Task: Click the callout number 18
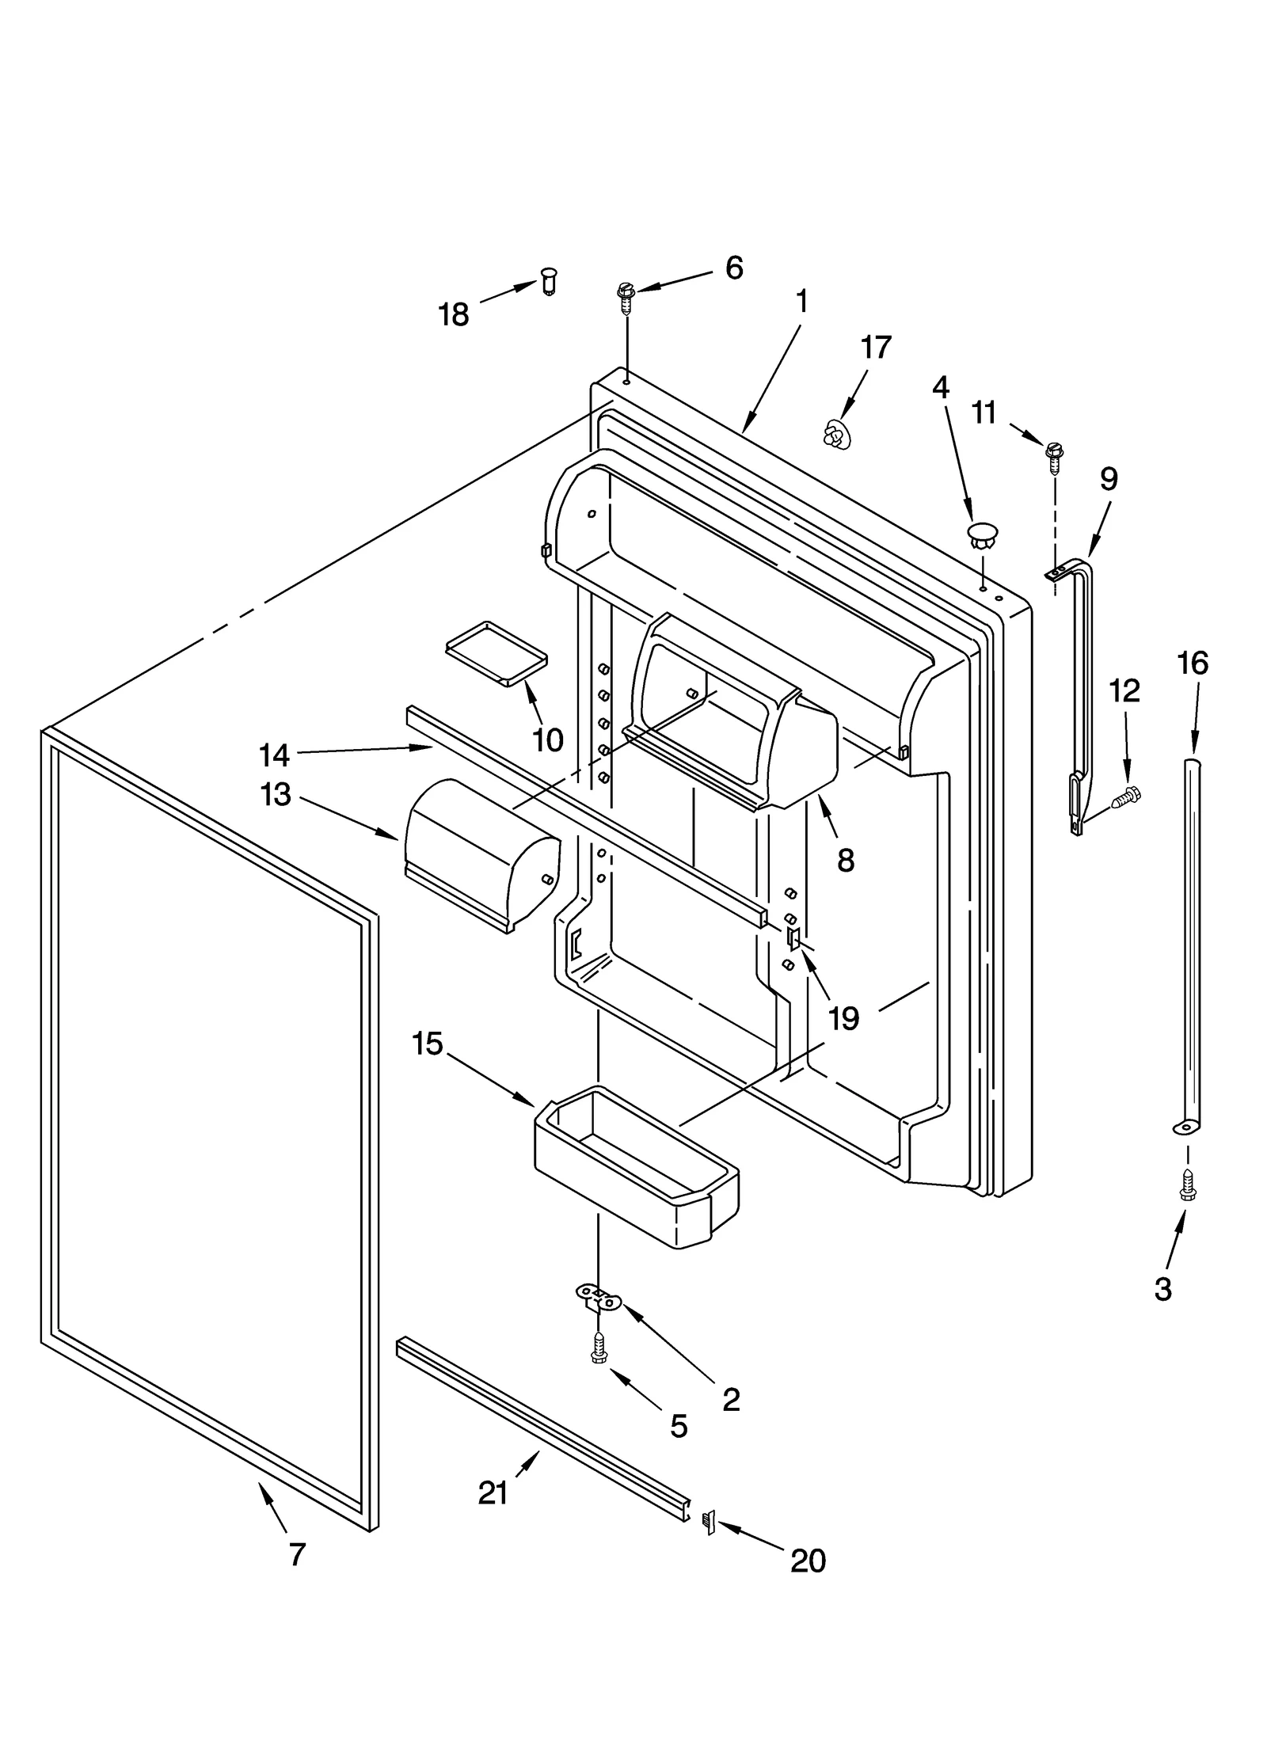pos(454,315)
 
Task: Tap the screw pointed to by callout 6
pos(626,295)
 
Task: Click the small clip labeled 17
pos(833,434)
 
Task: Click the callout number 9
pos(1109,479)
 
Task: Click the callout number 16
pos(1193,663)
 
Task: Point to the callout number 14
pos(274,755)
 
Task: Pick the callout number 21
pos(493,1493)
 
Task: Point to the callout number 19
pos(843,1019)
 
